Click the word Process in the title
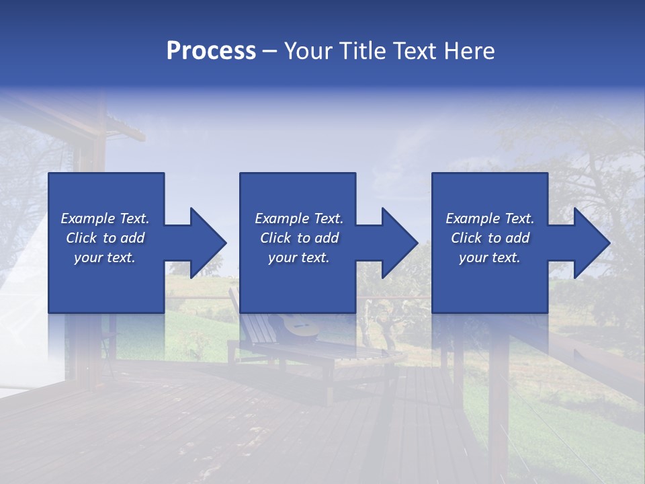click(x=211, y=51)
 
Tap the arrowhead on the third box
click(x=591, y=243)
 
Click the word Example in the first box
click(x=87, y=218)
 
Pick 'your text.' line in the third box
click(x=489, y=257)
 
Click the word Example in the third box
click(x=472, y=218)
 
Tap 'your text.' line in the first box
click(x=105, y=257)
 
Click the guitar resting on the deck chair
click(x=299, y=327)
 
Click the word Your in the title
click(x=308, y=51)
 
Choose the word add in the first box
click(x=132, y=238)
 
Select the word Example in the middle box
click(x=282, y=218)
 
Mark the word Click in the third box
click(x=466, y=238)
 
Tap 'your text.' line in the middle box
click(x=298, y=257)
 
